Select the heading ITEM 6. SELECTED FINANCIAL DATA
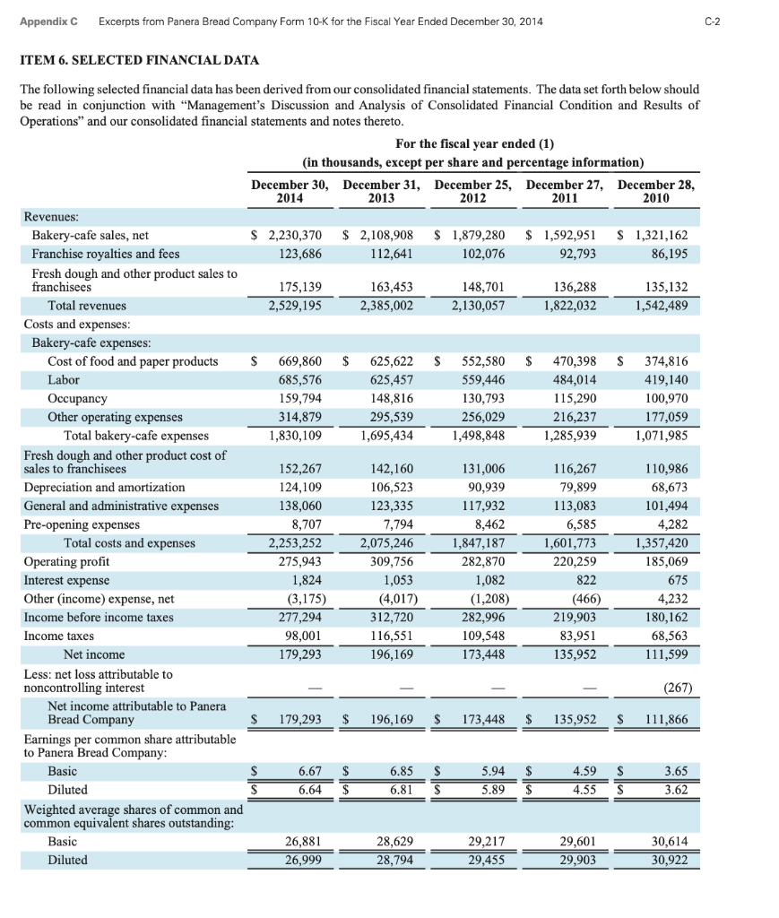point(139,60)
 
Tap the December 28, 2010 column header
point(656,191)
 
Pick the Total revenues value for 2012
point(475,306)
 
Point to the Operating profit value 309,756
point(391,561)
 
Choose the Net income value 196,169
point(391,654)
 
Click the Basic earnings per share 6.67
point(309,770)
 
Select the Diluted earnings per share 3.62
point(675,789)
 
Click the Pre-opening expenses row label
point(82,524)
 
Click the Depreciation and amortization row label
point(104,487)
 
